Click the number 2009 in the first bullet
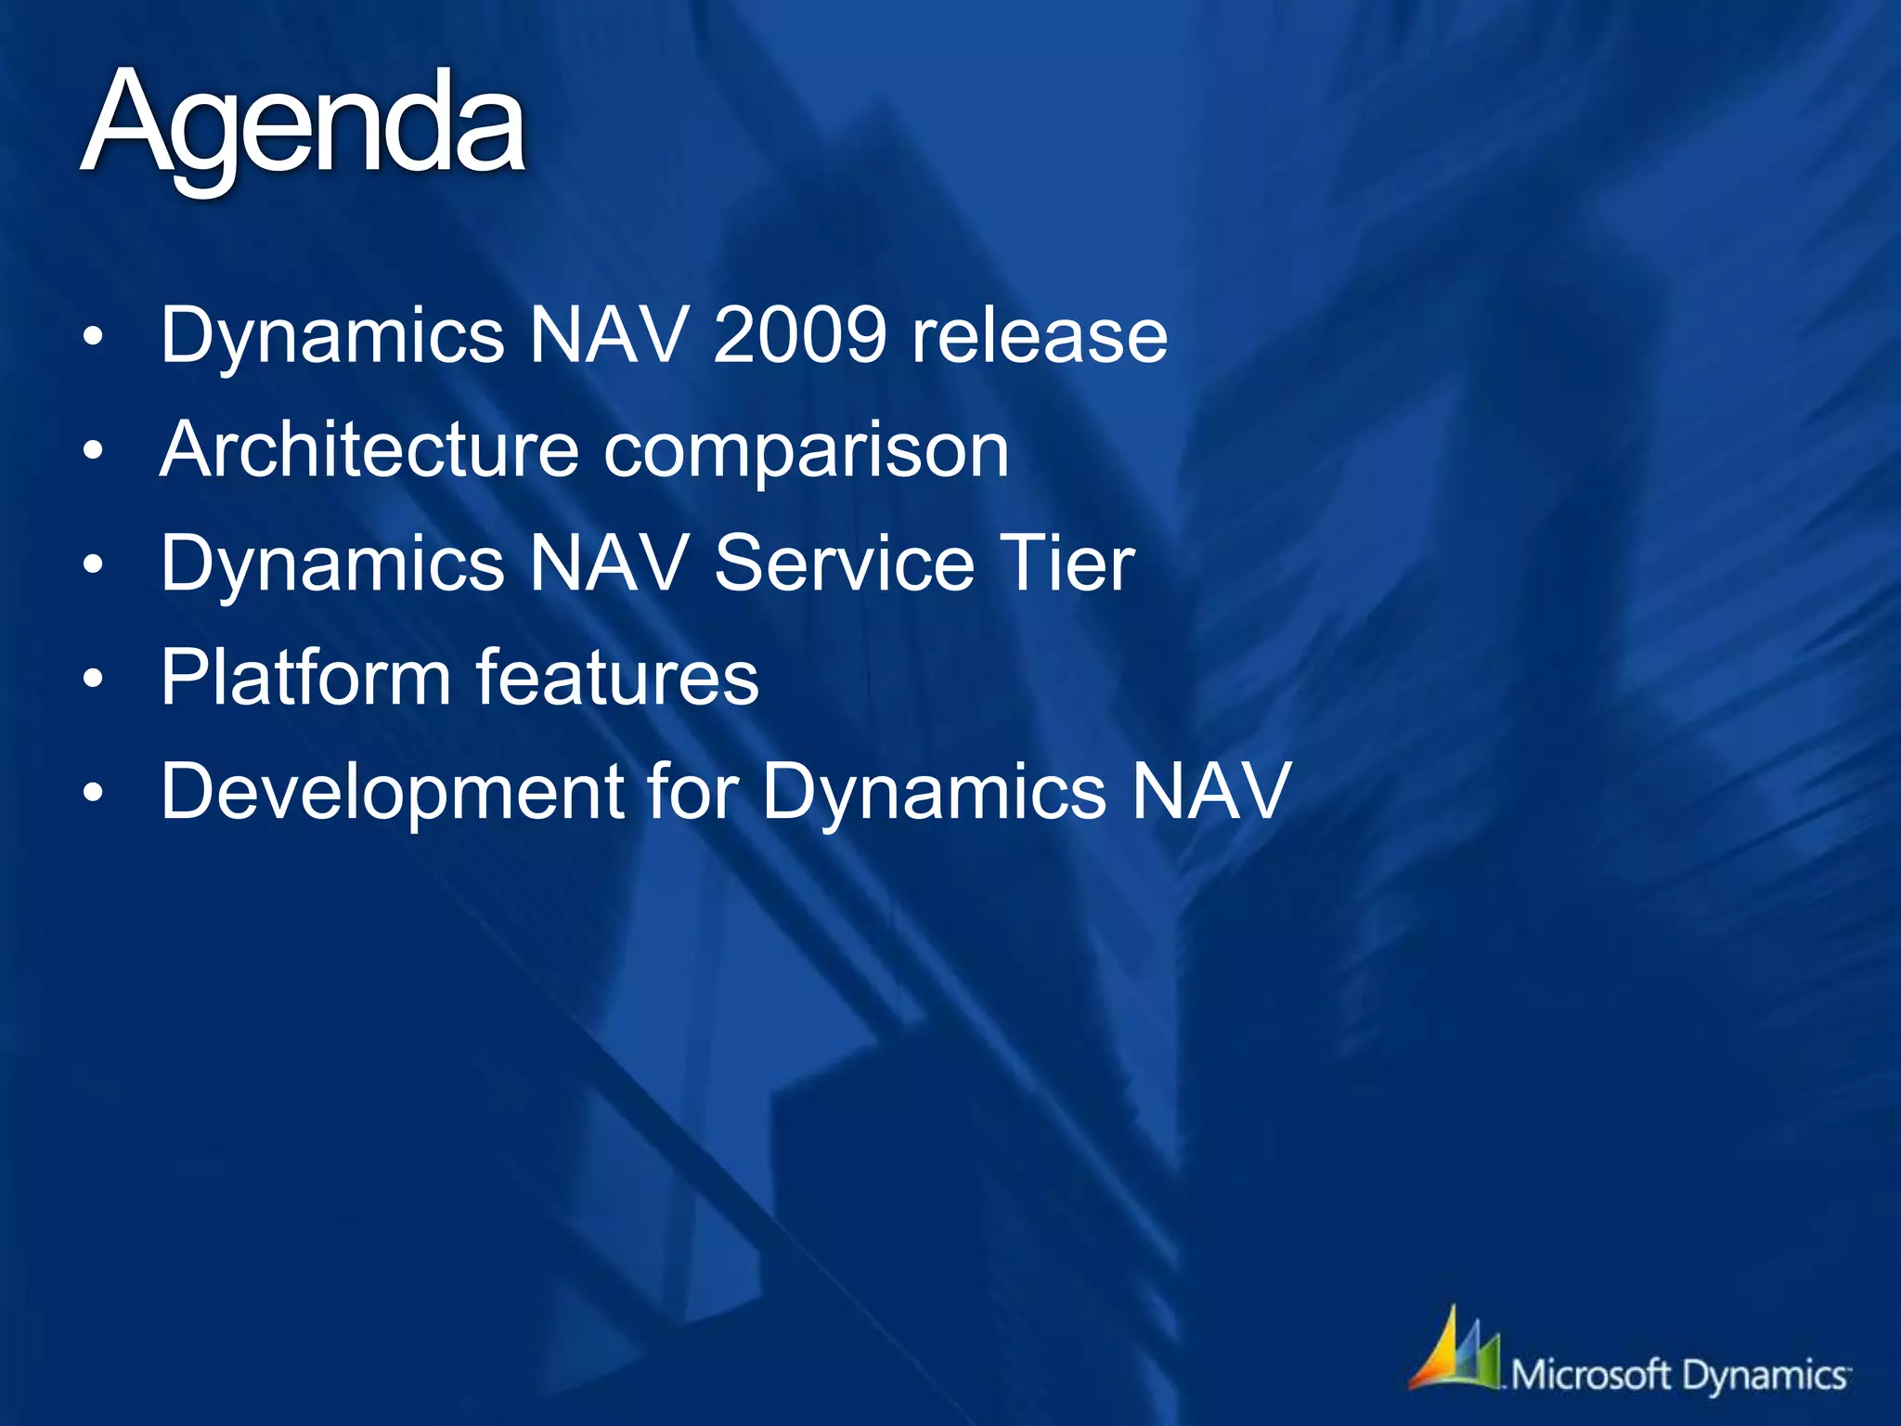(x=800, y=335)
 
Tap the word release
(x=1040, y=335)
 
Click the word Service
(x=844, y=564)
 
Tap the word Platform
(x=306, y=678)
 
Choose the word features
(x=617, y=678)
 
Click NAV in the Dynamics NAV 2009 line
(x=609, y=335)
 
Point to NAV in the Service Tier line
(x=609, y=564)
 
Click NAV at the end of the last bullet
(x=1210, y=791)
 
